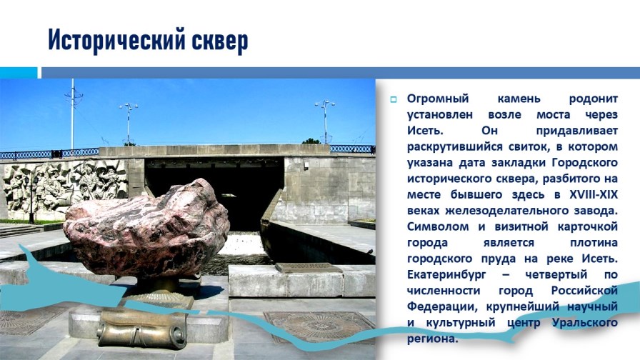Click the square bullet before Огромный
tap(392, 99)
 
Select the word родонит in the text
tap(593, 98)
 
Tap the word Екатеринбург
tap(451, 275)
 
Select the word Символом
tap(436, 227)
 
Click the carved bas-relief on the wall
tap(64, 186)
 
